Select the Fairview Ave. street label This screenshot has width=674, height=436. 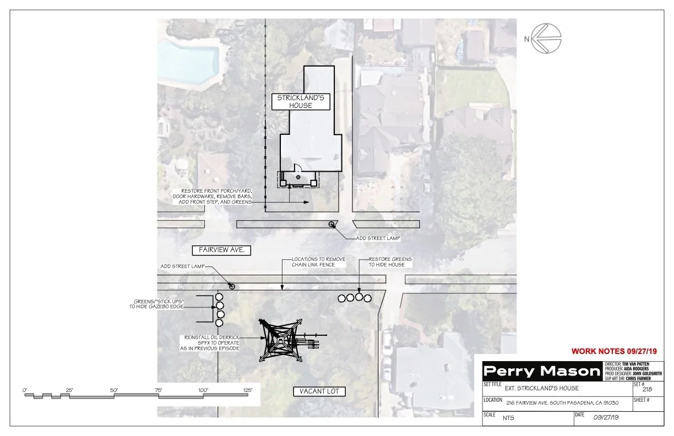pyautogui.click(x=221, y=250)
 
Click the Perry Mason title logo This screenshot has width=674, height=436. pyautogui.click(x=541, y=372)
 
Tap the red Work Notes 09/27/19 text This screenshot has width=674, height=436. pyautogui.click(x=615, y=351)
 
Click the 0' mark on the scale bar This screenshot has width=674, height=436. pyautogui.click(x=25, y=390)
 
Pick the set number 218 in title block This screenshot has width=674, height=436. pyautogui.click(x=648, y=389)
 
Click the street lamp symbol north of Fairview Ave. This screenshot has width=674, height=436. pyautogui.click(x=331, y=224)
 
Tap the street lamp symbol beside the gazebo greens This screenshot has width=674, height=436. pyautogui.click(x=232, y=286)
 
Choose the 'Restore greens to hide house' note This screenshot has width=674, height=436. pyautogui.click(x=390, y=262)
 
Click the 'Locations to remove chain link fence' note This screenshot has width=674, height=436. pyautogui.click(x=313, y=262)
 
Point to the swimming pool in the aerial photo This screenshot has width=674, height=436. pyautogui.click(x=193, y=59)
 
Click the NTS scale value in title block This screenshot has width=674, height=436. pyautogui.click(x=509, y=418)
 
